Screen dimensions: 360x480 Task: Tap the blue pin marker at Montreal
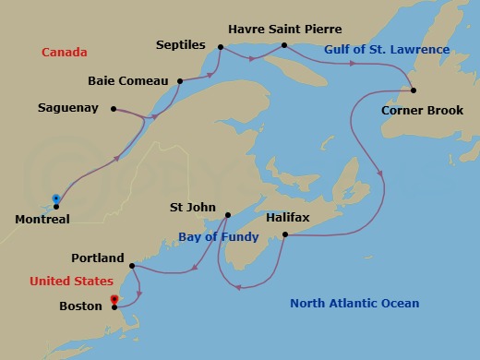pos(56,198)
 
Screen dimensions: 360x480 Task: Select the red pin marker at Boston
pos(114,300)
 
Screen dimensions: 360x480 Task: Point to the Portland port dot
pos(134,267)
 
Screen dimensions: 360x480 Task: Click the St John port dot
pos(227,216)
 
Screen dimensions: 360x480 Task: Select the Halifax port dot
pos(285,235)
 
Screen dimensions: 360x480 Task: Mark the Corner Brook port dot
pos(414,90)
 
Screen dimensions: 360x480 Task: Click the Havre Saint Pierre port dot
pos(284,45)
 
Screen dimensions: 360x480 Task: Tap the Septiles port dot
pos(222,47)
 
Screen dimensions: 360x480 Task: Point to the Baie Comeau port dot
pos(181,81)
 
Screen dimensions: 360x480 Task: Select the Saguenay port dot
pos(113,109)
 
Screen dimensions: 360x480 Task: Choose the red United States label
pos(71,281)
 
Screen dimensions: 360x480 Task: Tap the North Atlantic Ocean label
pos(354,303)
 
